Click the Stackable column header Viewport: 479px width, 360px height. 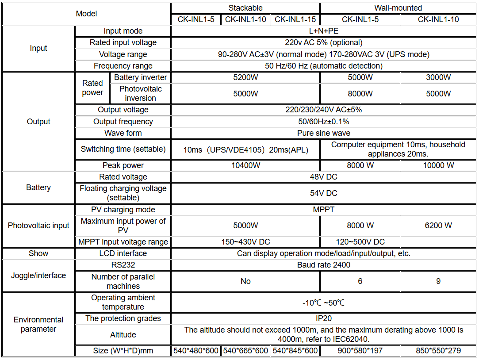tap(245, 8)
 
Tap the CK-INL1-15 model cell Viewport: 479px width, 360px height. tap(295, 19)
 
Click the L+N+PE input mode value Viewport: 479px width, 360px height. tap(324, 31)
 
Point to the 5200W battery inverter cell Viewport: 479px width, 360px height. tap(245, 77)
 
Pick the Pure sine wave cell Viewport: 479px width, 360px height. tap(324, 133)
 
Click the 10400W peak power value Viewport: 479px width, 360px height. tap(245, 165)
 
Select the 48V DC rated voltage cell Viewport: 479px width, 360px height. tap(324, 177)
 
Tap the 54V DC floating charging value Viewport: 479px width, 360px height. tap(324, 193)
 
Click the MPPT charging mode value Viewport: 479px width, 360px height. tap(324, 210)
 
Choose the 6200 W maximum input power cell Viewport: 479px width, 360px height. tap(438, 226)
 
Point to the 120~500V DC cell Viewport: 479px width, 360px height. tap(360, 242)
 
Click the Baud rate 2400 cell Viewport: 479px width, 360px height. tap(324, 265)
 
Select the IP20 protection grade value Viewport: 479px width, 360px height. tap(324, 318)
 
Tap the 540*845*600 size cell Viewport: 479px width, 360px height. tap(295, 351)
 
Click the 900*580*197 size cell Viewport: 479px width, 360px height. tap(360, 351)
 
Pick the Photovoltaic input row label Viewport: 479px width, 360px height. tap(38, 226)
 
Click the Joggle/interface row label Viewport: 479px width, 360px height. tap(38, 276)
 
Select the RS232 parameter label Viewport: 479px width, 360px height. tap(123, 265)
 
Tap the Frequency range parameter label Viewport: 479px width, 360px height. tap(123, 66)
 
